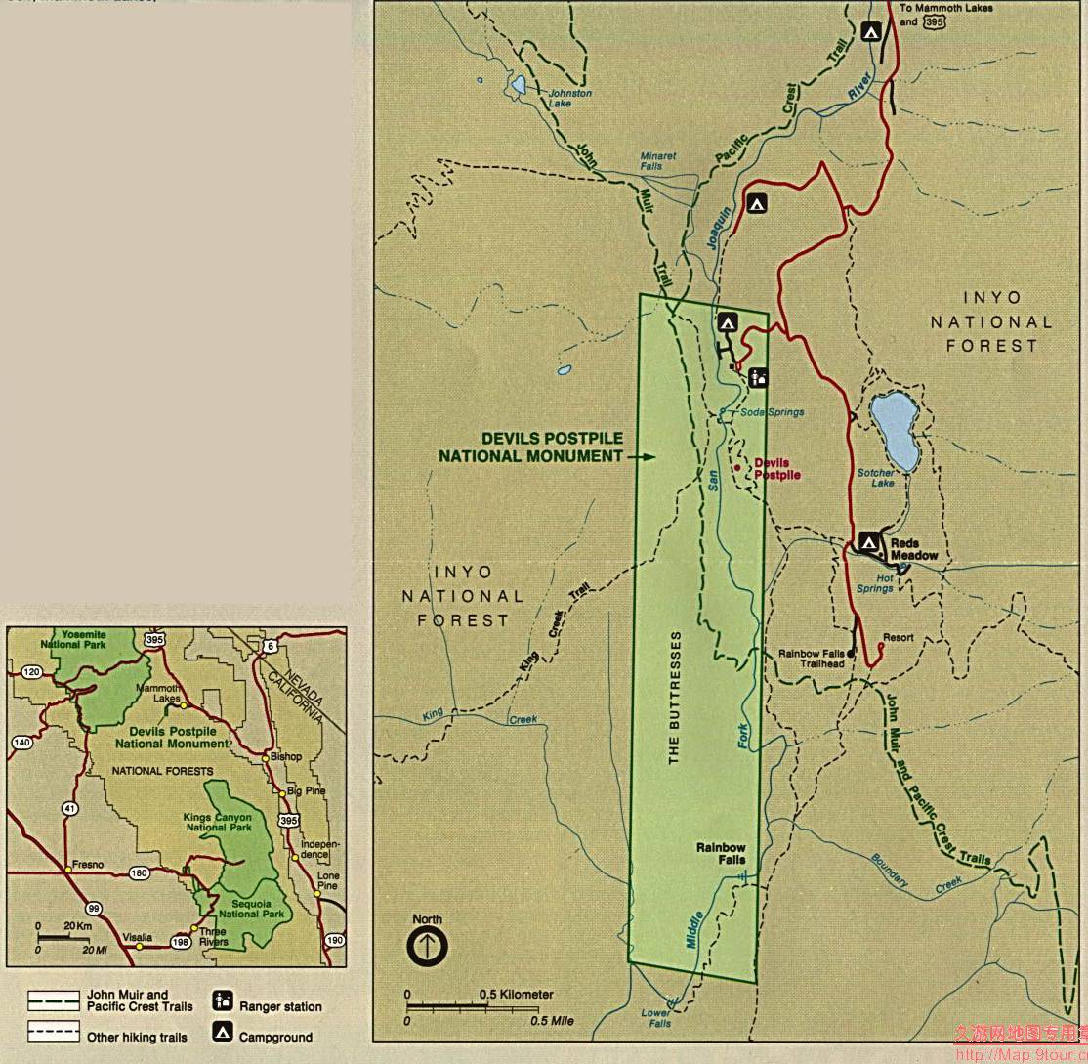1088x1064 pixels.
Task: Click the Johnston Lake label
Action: click(570, 99)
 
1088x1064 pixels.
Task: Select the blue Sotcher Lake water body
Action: click(894, 430)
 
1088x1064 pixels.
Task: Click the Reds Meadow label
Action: click(913, 549)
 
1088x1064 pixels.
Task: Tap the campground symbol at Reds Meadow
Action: click(869, 542)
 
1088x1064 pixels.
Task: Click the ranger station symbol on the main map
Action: click(759, 378)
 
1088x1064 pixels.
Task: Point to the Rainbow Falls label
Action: click(721, 854)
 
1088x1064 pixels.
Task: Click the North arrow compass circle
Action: click(427, 946)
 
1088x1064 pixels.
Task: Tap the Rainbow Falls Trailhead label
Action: click(811, 659)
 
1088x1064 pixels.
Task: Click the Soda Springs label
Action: click(772, 412)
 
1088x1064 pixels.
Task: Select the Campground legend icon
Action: click(223, 1032)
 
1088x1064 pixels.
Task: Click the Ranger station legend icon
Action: click(223, 1001)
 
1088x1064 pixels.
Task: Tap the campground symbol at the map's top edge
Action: click(872, 31)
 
